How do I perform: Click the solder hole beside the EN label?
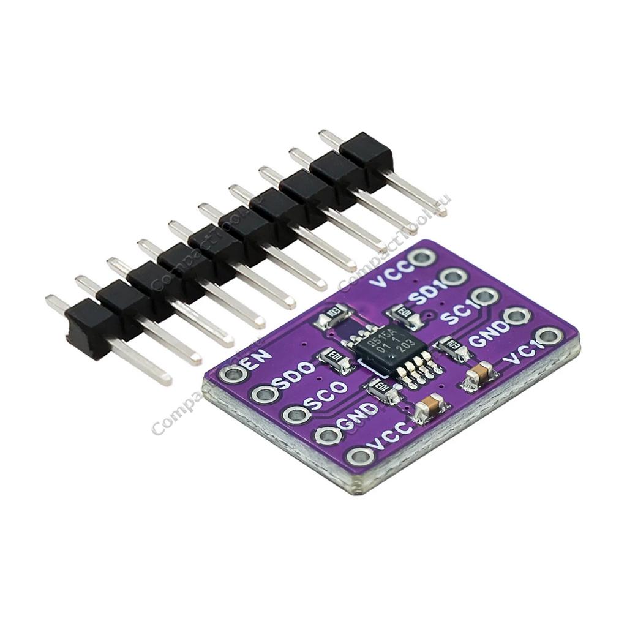tap(234, 374)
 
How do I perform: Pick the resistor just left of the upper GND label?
tap(454, 347)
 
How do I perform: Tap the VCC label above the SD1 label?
tap(392, 279)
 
